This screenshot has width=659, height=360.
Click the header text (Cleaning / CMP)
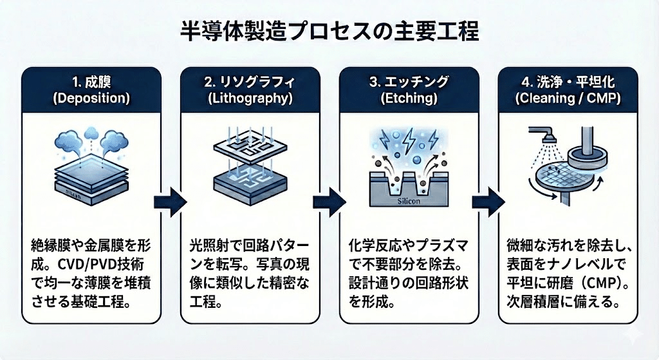tap(565, 100)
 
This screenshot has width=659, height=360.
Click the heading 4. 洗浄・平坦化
tap(565, 82)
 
